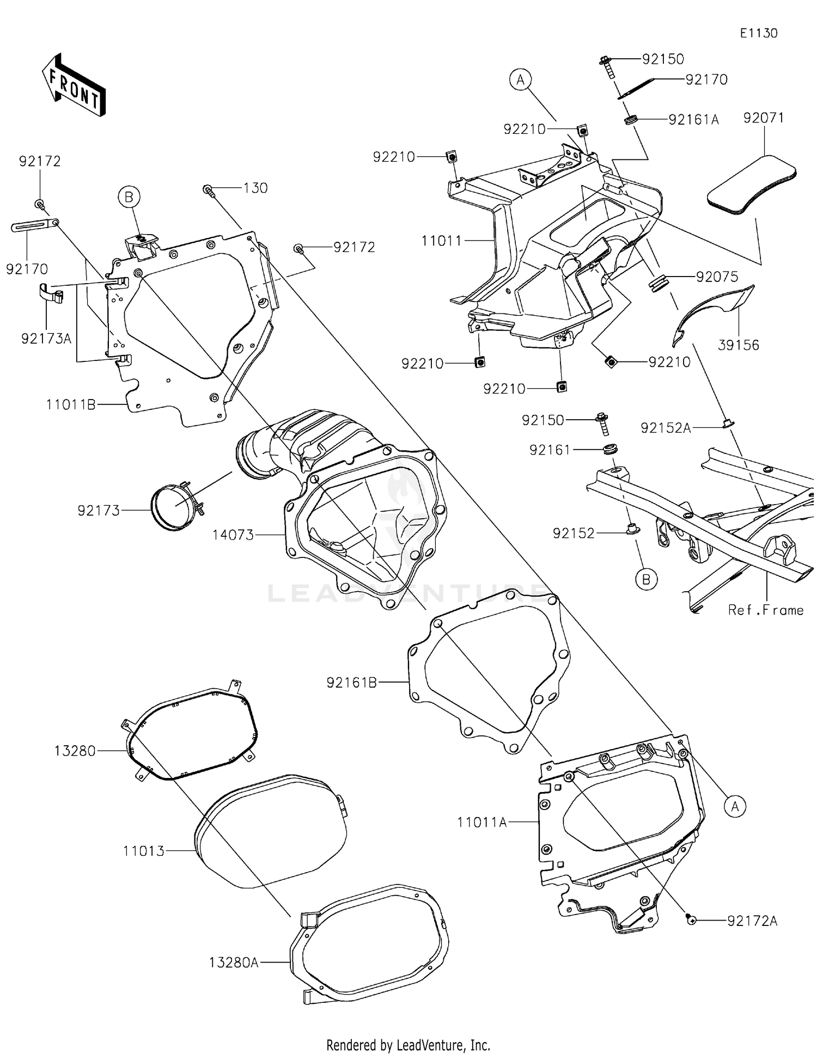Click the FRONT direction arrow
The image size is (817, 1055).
[74, 85]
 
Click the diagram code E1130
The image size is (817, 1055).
[758, 33]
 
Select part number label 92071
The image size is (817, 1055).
[763, 118]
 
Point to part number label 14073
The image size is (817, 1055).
[233, 535]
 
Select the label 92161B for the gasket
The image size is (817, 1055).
[351, 682]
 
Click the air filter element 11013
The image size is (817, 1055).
[271, 830]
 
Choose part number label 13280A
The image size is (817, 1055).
[233, 962]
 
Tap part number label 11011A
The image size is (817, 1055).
[481, 822]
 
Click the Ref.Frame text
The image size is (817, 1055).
[765, 610]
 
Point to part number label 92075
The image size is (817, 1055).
[717, 277]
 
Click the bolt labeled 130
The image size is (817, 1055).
[208, 189]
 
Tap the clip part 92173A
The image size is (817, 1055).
[52, 295]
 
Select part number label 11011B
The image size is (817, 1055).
[71, 404]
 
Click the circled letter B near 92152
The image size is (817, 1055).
[646, 580]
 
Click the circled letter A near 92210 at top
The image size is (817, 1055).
[520, 80]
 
